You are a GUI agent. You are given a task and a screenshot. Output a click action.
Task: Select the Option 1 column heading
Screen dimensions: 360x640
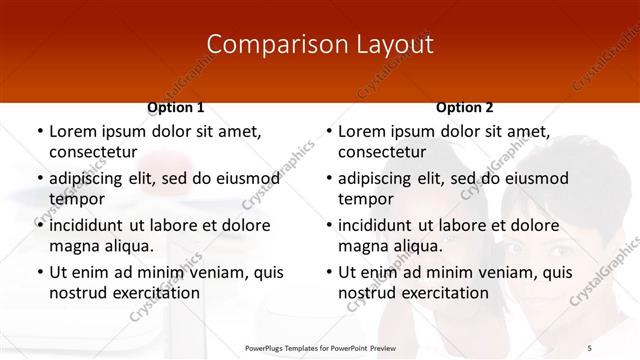coord(176,107)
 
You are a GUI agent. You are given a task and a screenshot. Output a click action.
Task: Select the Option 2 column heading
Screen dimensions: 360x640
coord(465,107)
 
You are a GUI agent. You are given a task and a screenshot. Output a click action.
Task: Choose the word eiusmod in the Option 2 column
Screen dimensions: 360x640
coord(534,178)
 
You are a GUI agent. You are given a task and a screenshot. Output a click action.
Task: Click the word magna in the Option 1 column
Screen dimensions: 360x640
coord(74,245)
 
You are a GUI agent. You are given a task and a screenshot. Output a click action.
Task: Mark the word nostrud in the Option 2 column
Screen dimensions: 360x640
coord(367,292)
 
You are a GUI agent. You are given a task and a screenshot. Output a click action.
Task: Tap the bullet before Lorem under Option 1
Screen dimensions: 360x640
coord(38,132)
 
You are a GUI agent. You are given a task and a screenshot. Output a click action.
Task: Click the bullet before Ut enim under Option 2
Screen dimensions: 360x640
coord(327,272)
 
